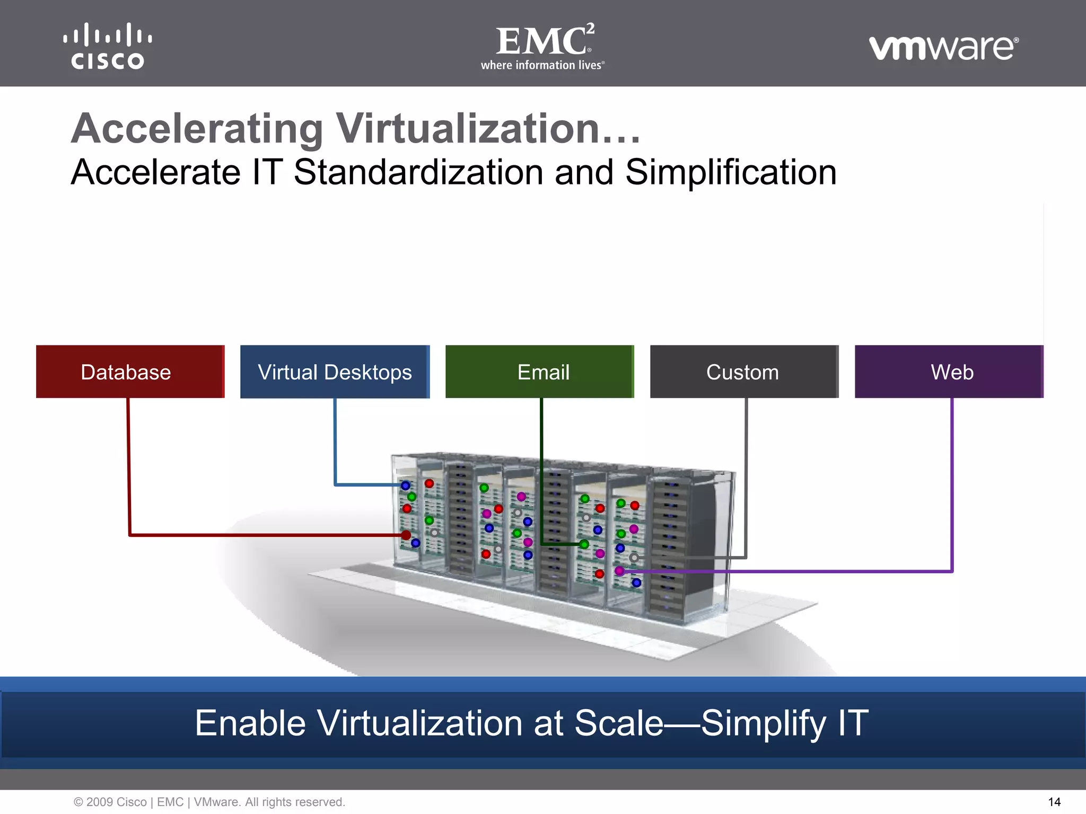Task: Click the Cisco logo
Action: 108,46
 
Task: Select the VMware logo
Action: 943,48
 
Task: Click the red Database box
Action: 130,371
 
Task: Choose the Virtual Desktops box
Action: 335,371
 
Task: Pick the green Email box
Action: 539,371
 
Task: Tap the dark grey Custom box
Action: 744,371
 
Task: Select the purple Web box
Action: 949,371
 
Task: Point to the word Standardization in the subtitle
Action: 418,173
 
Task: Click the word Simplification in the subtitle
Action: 731,173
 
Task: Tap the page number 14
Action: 1054,802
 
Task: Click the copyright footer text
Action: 209,802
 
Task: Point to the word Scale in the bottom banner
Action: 619,723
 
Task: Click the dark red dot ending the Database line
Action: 406,535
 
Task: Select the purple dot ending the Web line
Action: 619,571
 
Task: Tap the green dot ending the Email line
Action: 584,544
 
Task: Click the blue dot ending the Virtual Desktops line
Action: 406,485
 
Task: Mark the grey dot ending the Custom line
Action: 634,558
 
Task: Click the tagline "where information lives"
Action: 542,65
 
